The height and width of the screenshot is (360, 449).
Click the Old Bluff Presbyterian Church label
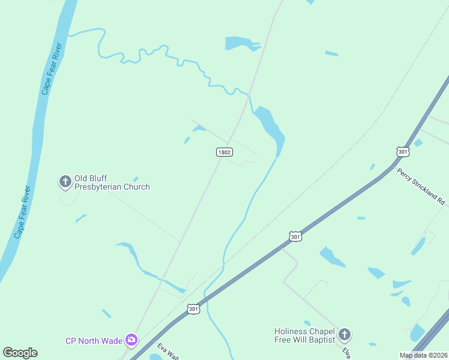(112, 183)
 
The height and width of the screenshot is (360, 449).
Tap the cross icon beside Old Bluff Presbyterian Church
(65, 181)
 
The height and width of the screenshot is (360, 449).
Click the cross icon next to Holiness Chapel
(344, 334)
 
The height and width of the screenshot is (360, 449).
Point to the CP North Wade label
(94, 341)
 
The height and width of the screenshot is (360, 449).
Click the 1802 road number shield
(224, 152)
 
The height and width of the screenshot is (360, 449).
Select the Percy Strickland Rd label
(422, 187)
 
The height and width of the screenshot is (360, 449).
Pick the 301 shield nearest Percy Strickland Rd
(403, 152)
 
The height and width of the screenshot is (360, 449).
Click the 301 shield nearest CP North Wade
(192, 309)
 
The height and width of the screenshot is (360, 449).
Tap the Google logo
(20, 353)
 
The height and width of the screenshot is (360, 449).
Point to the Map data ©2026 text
(423, 355)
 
